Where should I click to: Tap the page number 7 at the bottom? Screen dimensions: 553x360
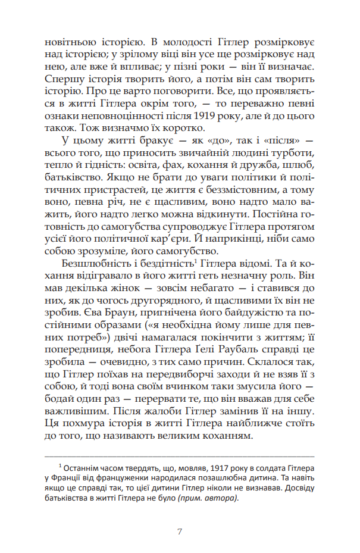[180, 532]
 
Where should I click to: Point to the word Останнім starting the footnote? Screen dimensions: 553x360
[83, 467]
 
